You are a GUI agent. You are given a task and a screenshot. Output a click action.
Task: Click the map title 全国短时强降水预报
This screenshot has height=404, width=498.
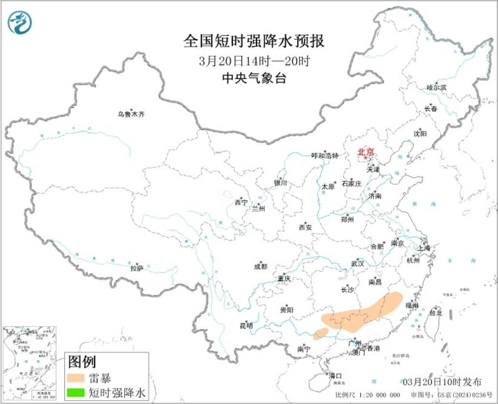tap(254, 41)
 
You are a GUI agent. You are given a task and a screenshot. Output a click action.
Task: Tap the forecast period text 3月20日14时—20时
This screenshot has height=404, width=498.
tap(254, 61)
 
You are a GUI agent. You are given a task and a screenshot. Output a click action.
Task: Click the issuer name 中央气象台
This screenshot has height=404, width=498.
tap(254, 78)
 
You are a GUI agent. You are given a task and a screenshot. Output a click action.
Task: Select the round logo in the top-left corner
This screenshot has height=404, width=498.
tap(20, 22)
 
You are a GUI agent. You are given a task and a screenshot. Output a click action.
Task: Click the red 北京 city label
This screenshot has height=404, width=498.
tap(366, 152)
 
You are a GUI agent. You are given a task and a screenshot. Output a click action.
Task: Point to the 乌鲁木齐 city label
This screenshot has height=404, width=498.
tap(131, 115)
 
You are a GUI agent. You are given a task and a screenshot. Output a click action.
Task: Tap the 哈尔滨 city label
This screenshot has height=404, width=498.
tap(437, 88)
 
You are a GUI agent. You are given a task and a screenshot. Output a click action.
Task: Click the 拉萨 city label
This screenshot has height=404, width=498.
tap(137, 268)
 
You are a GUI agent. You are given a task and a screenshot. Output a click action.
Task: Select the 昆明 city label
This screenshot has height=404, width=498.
tap(246, 326)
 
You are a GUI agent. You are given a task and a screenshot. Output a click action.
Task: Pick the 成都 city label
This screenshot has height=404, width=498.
tap(260, 267)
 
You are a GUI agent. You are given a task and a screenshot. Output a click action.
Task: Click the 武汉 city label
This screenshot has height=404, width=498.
tap(357, 264)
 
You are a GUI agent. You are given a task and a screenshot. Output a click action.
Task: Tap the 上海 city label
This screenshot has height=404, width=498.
tap(424, 248)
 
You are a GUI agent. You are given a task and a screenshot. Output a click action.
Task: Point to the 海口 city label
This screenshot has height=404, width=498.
tap(335, 375)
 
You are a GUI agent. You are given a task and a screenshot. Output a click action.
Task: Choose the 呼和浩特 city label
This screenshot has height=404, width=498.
tap(325, 156)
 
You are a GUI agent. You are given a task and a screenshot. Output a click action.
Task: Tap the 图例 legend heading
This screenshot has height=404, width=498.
tap(82, 361)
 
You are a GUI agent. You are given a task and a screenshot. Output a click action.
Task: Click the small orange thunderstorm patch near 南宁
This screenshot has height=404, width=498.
tap(321, 333)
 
